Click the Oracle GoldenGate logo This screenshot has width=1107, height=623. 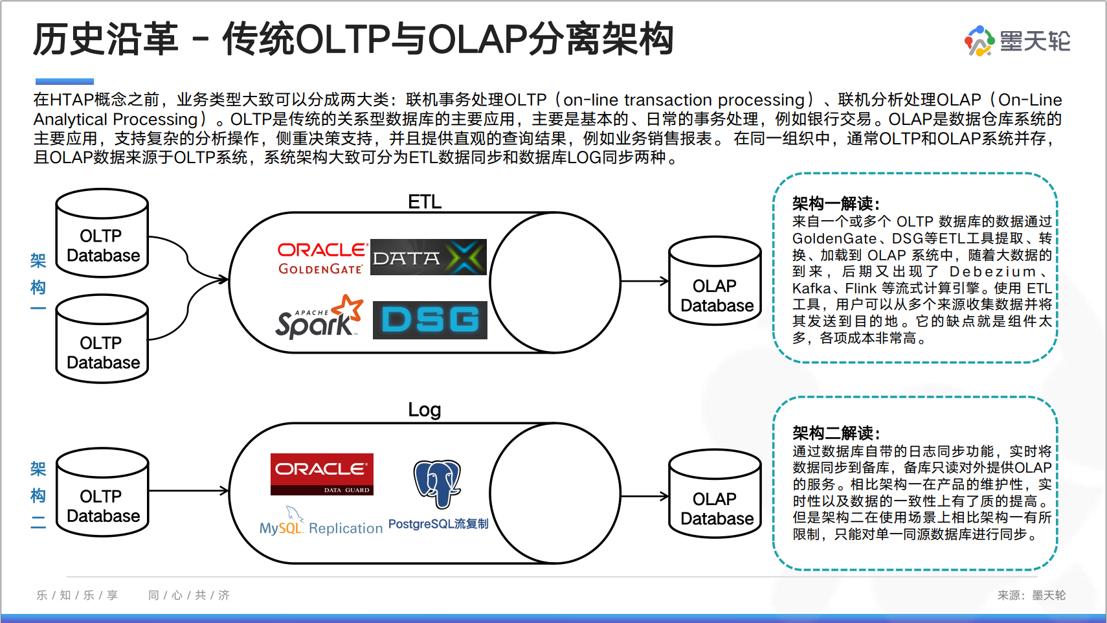(322, 258)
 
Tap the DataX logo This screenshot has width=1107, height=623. (428, 257)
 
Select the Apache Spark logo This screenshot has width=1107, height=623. (319, 317)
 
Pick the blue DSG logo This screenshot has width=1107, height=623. (430, 320)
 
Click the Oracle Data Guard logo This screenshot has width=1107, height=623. (322, 474)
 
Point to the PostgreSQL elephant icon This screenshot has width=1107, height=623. (438, 482)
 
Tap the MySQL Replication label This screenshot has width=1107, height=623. (321, 528)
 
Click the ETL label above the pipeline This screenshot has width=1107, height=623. (425, 202)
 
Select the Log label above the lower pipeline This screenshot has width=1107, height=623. (425, 410)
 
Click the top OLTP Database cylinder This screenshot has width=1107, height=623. (102, 233)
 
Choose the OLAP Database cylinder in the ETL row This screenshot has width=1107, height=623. (715, 281)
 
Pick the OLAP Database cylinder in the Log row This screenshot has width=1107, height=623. (715, 494)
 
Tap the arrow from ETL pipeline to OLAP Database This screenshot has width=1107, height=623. (644, 281)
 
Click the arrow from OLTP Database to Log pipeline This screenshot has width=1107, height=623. (188, 491)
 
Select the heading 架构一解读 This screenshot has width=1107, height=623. (836, 204)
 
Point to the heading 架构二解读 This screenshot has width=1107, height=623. (836, 433)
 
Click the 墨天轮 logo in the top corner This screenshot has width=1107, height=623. (1017, 41)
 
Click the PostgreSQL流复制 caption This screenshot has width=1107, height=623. (438, 523)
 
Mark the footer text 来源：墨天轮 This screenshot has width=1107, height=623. (1031, 595)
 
